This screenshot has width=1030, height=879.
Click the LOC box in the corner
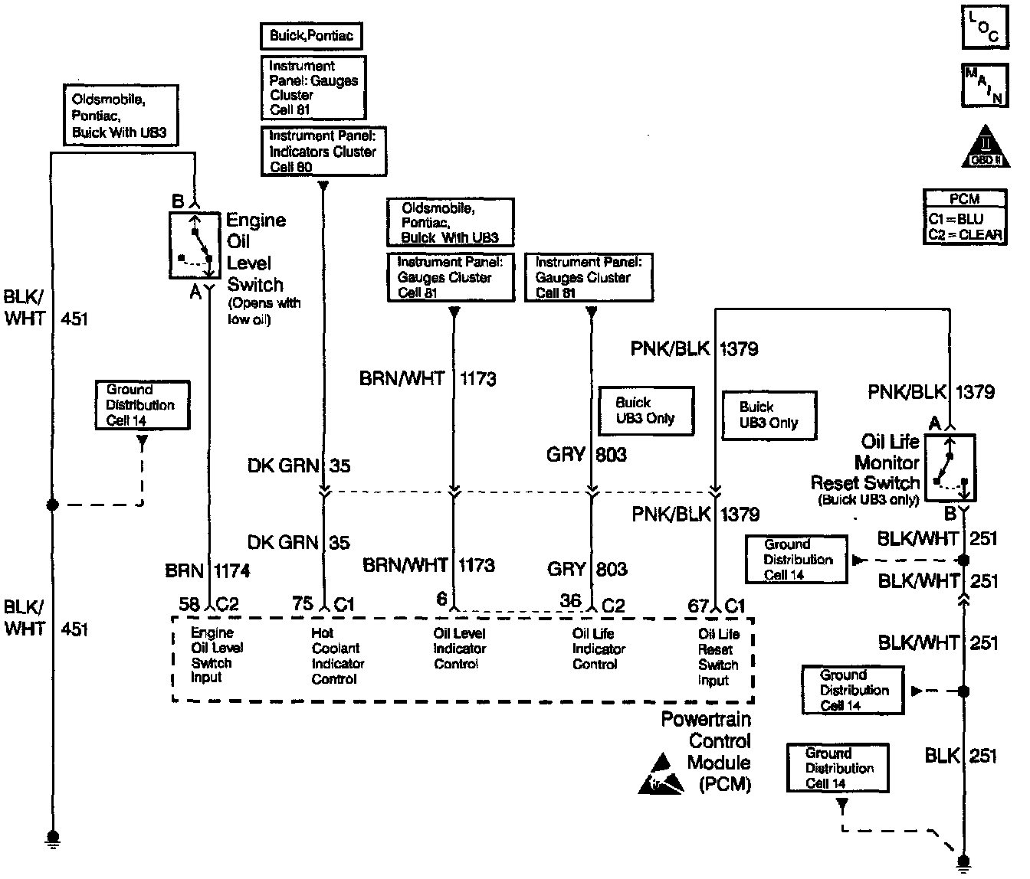[x=985, y=27]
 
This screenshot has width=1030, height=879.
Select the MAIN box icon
[x=985, y=85]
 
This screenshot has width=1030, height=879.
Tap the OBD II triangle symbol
[x=985, y=146]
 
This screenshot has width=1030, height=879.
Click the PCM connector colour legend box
[x=965, y=217]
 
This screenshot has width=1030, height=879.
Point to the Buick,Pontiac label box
[x=311, y=36]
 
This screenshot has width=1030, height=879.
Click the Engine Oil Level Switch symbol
[x=195, y=245]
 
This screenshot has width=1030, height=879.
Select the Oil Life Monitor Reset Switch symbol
[x=950, y=467]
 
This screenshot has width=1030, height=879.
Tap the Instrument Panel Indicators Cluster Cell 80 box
[x=323, y=152]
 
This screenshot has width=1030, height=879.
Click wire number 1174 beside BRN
[x=232, y=571]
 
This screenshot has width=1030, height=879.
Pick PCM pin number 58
[x=189, y=604]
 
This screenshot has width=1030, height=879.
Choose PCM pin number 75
[x=303, y=604]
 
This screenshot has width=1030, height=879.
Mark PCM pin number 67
[x=698, y=606]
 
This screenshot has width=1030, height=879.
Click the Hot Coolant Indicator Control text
[x=338, y=655]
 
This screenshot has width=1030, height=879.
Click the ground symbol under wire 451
[x=53, y=838]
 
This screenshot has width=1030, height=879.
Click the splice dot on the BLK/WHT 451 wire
[x=52, y=505]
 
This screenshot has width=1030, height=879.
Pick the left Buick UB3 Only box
[x=646, y=410]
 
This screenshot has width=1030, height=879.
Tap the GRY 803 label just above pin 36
[x=587, y=569]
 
